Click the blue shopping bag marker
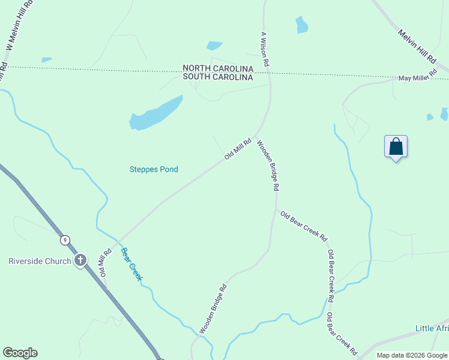coord(396,146)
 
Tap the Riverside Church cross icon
coord(80,260)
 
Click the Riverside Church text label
coord(40,261)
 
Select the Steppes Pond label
coord(154,169)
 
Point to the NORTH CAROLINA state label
coord(218,69)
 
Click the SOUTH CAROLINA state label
coord(218,77)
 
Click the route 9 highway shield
coord(64,240)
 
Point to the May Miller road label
coord(417,79)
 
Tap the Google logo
coord(20,353)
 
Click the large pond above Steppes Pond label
coord(155,114)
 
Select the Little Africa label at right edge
coord(432,328)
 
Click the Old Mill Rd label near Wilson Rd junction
coord(237,148)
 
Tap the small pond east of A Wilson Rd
coord(301,25)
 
